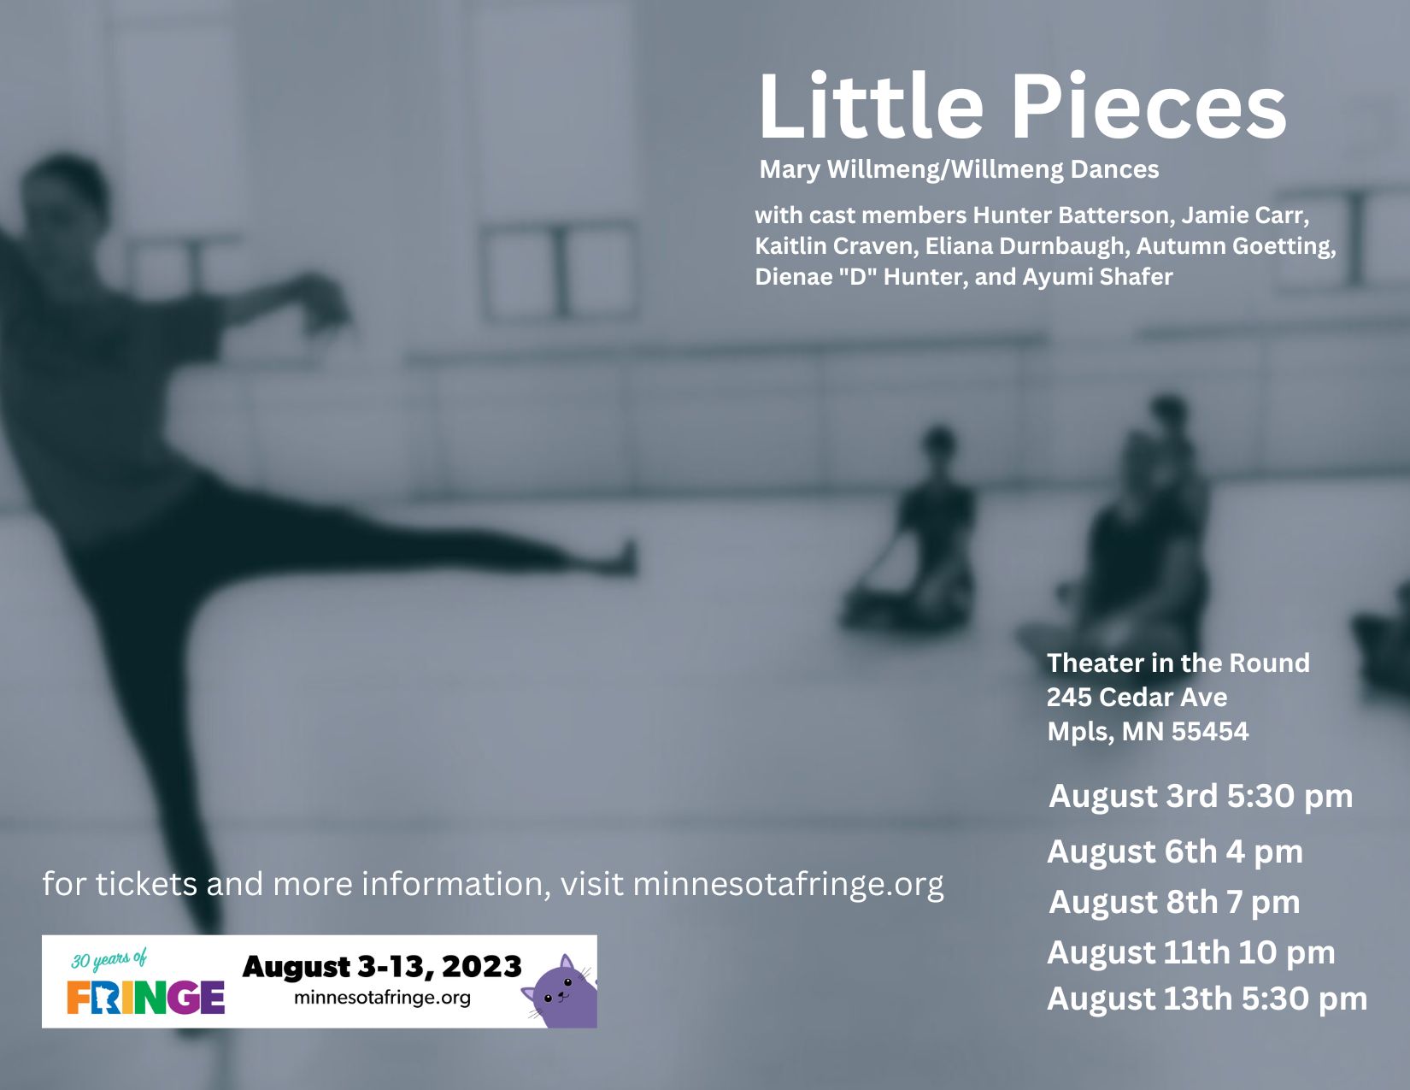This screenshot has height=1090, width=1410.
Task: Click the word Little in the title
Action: [x=871, y=106]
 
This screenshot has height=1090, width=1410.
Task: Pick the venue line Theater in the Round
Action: [x=1178, y=663]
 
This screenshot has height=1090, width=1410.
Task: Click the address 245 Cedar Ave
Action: [x=1137, y=698]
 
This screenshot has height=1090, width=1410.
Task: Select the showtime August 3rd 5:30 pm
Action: [x=1201, y=797]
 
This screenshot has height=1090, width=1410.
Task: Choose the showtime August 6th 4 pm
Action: [x=1175, y=851]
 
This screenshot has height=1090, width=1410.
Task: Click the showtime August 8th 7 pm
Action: [x=1174, y=903]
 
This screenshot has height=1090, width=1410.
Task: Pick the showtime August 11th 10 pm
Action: [x=1191, y=953]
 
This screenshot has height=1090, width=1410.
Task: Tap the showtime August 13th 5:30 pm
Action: [x=1207, y=999]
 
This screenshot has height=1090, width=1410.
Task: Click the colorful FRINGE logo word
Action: [x=146, y=998]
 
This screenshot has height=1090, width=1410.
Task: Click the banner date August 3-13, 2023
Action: [x=382, y=967]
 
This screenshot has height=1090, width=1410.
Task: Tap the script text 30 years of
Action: [x=109, y=959]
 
